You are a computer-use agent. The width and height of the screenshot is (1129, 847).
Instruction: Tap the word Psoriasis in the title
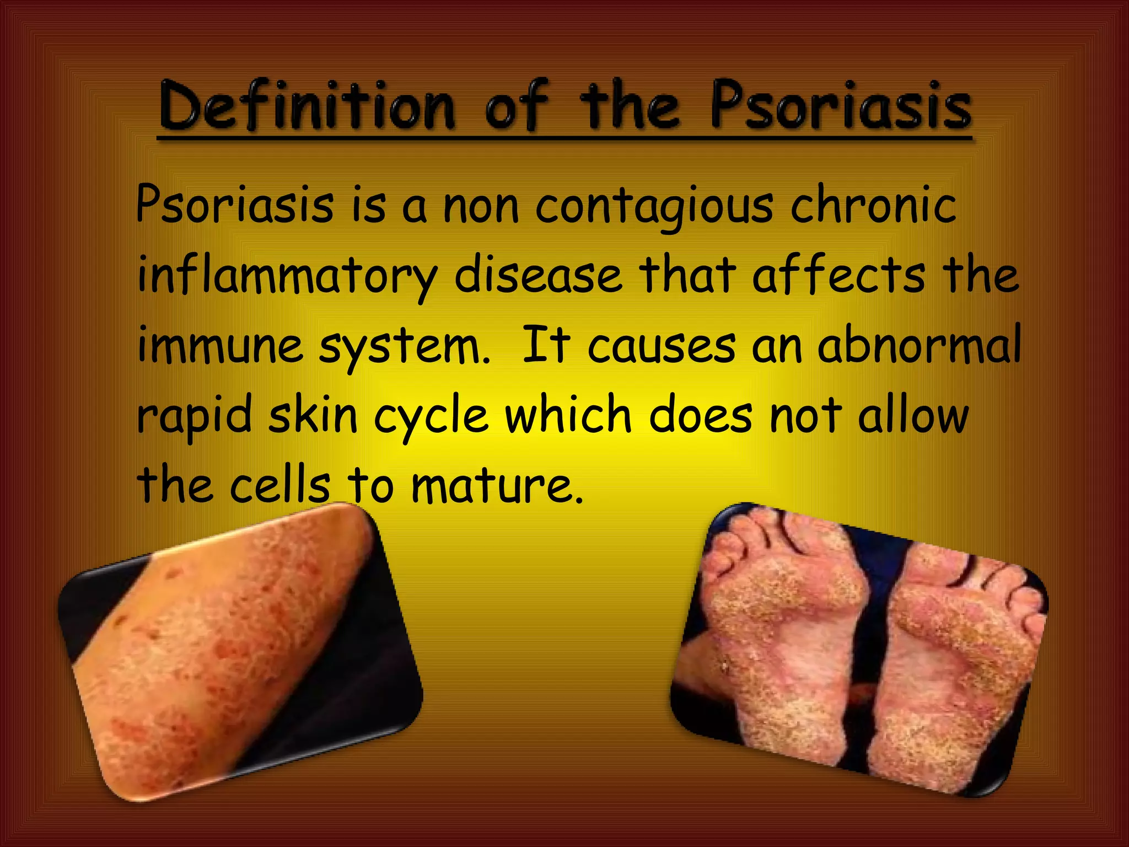841,106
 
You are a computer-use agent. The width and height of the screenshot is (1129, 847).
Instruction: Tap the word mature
497,485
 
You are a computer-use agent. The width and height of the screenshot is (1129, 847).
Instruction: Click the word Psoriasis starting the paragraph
234,205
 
